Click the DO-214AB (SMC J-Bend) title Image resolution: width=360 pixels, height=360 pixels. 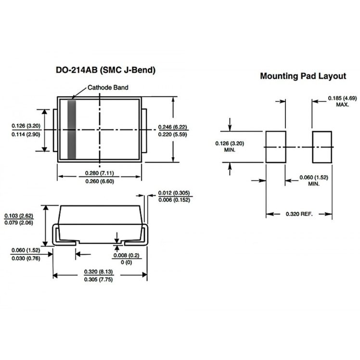coord(105,70)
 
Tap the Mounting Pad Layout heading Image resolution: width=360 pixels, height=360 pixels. coord(303,76)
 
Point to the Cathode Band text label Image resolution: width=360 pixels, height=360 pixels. coord(108,88)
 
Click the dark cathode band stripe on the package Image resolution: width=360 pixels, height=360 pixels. coord(72,129)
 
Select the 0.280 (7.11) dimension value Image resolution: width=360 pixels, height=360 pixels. coord(100,173)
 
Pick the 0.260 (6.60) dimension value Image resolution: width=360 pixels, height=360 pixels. coord(100,181)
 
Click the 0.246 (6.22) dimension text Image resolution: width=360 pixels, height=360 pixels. coord(172,127)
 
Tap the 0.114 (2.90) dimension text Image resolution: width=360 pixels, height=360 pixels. coord(26,134)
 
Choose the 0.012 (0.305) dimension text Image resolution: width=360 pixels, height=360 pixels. coord(174,193)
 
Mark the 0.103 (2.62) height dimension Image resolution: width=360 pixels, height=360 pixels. coord(19,216)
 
